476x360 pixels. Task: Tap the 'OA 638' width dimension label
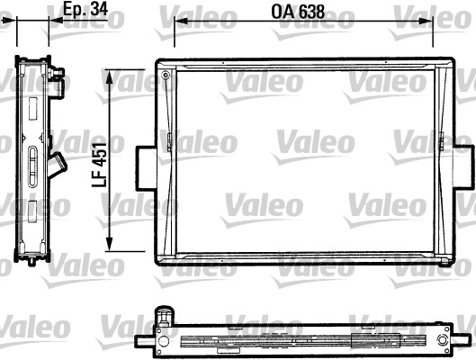pos(298,14)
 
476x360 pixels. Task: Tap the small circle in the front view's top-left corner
pos(167,77)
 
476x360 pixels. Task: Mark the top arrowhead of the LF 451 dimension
pos(111,72)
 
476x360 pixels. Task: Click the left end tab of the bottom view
pos(142,343)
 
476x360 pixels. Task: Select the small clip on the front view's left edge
pos(169,141)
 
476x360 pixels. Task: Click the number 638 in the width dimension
pos(310,14)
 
